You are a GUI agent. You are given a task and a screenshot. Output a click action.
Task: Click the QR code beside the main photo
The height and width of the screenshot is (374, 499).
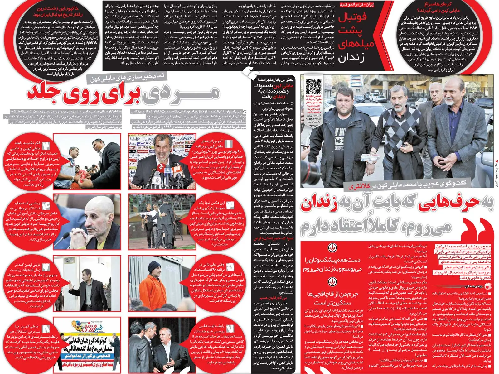point(313,86)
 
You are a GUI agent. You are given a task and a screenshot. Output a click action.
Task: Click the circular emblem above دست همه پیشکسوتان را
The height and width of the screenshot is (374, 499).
point(332,249)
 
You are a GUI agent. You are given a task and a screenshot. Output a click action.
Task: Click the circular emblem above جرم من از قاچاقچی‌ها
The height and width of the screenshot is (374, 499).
point(332,282)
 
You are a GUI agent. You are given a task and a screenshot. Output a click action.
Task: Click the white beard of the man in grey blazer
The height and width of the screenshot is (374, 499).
point(452,103)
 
